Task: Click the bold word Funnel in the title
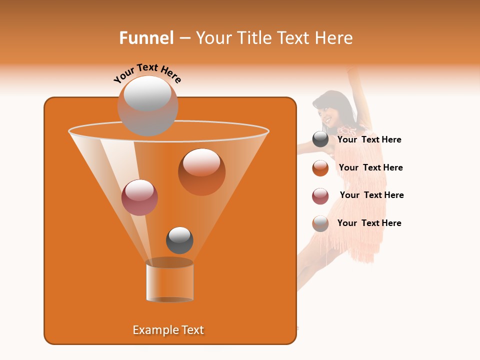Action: coord(146,38)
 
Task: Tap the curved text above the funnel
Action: coord(147,73)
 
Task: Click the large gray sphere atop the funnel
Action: coord(147,105)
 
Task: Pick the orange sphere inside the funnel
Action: coord(201,172)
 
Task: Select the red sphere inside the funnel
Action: coord(139,197)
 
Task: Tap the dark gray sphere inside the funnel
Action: coord(179,240)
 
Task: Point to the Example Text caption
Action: coord(168,330)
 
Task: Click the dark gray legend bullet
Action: coord(320,139)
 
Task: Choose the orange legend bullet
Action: coord(320,168)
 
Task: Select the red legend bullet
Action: coord(320,196)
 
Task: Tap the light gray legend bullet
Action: coord(320,223)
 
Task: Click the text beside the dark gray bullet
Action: coord(369,140)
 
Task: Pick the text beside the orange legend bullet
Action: coord(370,168)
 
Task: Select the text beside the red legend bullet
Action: coord(371,195)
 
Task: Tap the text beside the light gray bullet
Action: coord(369,223)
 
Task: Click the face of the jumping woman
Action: coord(327,114)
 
